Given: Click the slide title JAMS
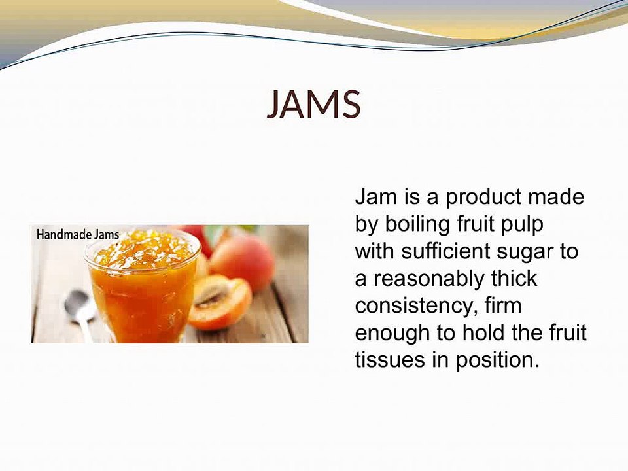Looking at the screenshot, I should tap(314, 105).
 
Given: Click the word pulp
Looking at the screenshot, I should tap(524, 224).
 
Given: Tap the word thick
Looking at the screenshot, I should tap(514, 279).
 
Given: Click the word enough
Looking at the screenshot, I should tap(392, 334).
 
